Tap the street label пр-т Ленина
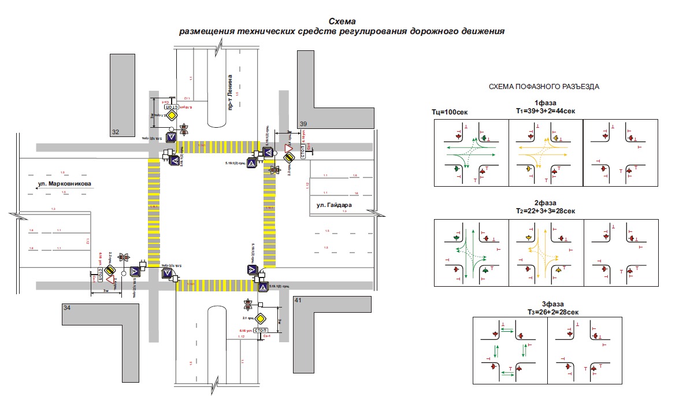tap(229, 92)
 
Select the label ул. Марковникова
tap(65, 184)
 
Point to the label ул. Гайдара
tap(334, 205)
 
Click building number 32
tap(116, 132)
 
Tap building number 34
tap(67, 309)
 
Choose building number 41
tap(298, 301)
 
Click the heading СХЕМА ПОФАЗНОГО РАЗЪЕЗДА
tap(544, 87)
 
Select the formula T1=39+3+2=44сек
tap(545, 110)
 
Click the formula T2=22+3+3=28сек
tap(545, 212)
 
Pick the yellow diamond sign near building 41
tap(261, 318)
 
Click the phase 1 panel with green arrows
tap(471, 153)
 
